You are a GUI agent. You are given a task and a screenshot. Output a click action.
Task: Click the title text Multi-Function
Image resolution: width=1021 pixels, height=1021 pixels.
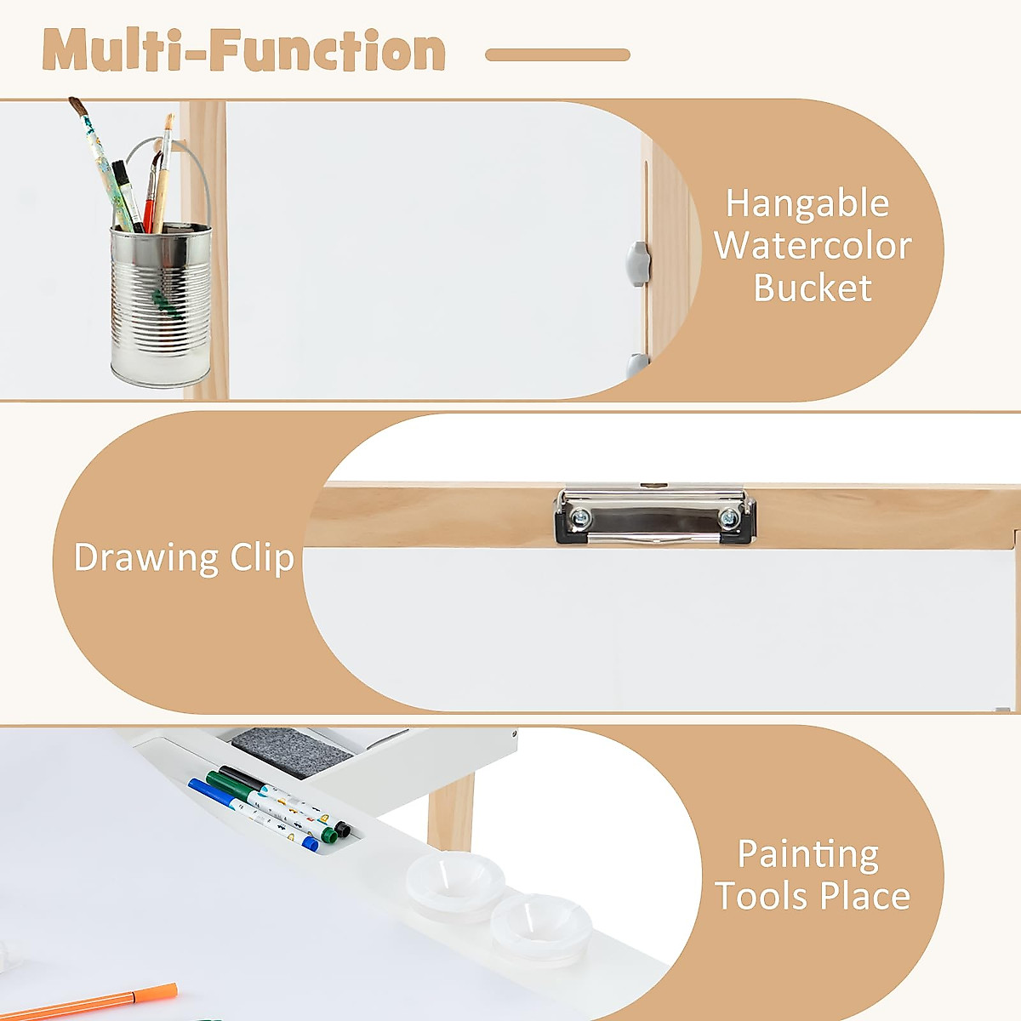click(x=244, y=51)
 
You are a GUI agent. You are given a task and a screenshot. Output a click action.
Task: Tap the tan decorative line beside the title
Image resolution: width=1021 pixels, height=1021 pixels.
click(x=557, y=54)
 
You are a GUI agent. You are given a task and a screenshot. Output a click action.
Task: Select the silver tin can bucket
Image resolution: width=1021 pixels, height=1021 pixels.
click(x=160, y=306)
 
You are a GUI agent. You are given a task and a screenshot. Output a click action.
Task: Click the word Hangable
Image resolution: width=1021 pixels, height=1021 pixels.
click(x=807, y=204)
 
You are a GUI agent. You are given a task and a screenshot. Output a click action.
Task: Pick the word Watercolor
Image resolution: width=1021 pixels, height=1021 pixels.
click(x=813, y=246)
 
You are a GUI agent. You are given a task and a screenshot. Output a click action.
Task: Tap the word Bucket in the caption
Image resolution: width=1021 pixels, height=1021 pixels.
click(x=812, y=288)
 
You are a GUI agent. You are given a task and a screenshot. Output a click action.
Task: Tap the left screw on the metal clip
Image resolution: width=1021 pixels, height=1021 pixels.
click(x=580, y=516)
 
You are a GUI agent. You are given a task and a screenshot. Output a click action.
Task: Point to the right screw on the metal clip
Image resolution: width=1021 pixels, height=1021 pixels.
click(x=728, y=516)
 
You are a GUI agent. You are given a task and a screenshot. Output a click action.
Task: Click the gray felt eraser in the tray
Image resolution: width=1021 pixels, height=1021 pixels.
click(x=292, y=752)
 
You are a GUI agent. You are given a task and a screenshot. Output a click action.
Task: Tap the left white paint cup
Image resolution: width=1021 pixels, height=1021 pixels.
click(x=454, y=881)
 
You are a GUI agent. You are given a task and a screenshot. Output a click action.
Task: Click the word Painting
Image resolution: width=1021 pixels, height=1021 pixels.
click(x=808, y=854)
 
